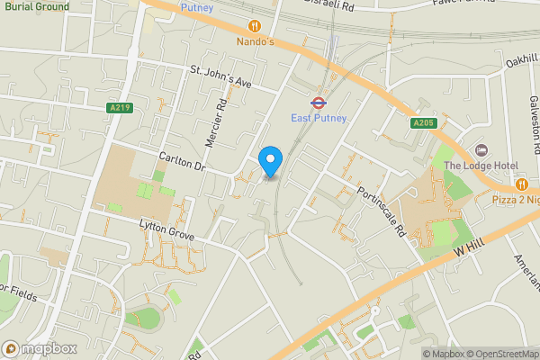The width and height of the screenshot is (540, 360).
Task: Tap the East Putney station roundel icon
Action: pyautogui.click(x=318, y=103)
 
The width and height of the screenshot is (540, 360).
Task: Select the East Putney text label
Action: pyautogui.click(x=318, y=118)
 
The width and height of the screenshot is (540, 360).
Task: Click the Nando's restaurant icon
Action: pyautogui.click(x=255, y=26)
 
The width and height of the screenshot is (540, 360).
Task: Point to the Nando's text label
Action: pyautogui.click(x=255, y=41)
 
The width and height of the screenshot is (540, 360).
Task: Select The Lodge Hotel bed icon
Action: pyautogui.click(x=480, y=148)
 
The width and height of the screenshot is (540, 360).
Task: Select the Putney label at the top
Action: pyautogui.click(x=196, y=7)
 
